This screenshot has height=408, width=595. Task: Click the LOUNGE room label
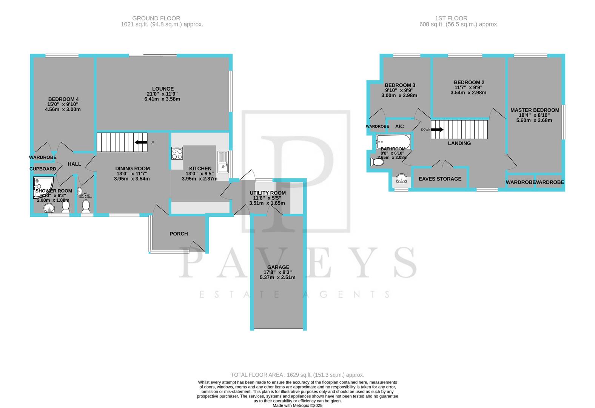(163, 89)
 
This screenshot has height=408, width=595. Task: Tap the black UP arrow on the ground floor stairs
(141, 142)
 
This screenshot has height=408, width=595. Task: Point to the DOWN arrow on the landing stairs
(437, 130)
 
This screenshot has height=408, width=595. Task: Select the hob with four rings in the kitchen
(177, 153)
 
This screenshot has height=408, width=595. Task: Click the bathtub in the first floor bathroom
(393, 142)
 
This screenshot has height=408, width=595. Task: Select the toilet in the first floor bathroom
(376, 162)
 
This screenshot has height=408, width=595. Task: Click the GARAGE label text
(278, 267)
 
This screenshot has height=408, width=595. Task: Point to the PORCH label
(179, 234)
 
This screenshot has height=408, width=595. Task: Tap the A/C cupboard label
(399, 127)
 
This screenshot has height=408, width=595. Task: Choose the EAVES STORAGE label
(440, 179)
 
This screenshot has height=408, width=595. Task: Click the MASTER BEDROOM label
(535, 110)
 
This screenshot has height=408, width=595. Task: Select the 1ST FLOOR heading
(451, 18)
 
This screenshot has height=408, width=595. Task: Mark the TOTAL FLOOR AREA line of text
(297, 375)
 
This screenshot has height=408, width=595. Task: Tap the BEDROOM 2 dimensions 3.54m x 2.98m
(468, 93)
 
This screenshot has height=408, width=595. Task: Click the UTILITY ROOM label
(267, 193)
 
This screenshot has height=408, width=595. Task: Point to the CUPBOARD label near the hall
(43, 169)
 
